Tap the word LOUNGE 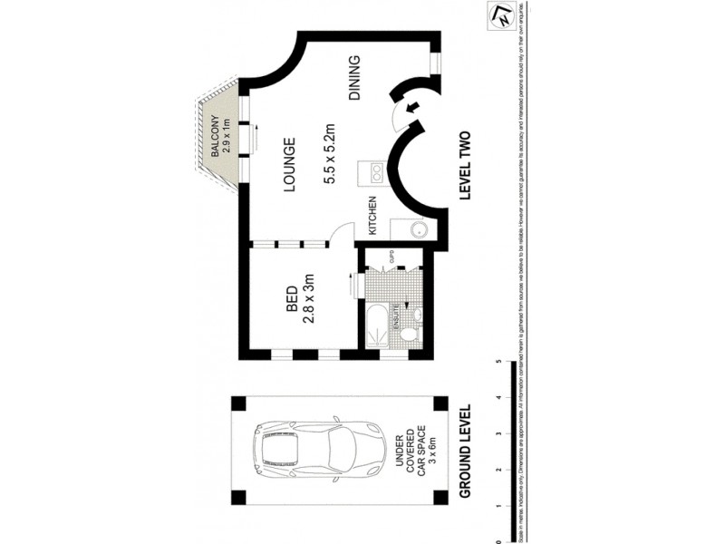(x=290, y=166)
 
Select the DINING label (x=354, y=78)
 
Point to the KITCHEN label (x=372, y=217)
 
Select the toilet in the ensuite (x=410, y=335)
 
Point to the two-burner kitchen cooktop (x=372, y=171)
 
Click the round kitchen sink (x=419, y=229)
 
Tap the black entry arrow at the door (x=414, y=109)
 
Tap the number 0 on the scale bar (x=498, y=534)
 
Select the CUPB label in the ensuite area (x=392, y=258)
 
